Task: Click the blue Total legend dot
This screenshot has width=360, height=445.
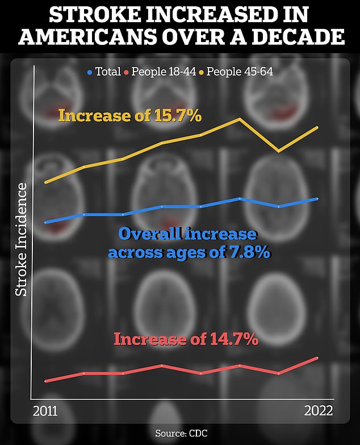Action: (x=90, y=72)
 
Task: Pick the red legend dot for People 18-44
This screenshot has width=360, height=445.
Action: (x=128, y=72)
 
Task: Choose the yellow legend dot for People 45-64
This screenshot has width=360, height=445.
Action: (x=201, y=72)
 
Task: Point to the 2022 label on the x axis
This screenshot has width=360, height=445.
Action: (x=318, y=410)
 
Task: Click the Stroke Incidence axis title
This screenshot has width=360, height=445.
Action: (x=22, y=239)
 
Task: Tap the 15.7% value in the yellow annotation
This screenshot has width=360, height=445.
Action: (x=177, y=116)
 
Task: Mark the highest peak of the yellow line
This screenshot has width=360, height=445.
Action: (x=240, y=119)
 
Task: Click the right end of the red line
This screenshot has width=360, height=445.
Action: (x=317, y=357)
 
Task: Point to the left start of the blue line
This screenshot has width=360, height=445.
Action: (x=45, y=222)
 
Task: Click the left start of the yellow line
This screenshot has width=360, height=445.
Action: (x=45, y=182)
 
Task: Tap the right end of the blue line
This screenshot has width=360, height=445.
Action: (x=317, y=199)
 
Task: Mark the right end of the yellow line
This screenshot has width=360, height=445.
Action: (x=317, y=127)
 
